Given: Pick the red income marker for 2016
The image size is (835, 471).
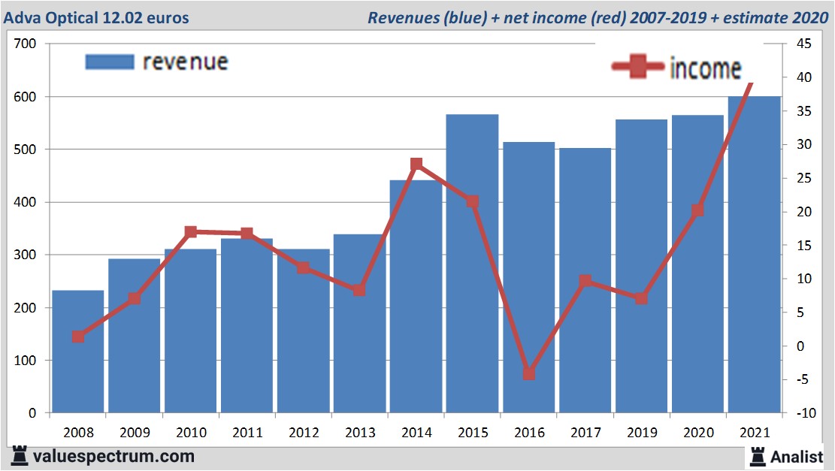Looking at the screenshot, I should click(528, 373).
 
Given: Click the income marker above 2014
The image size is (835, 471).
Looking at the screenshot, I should click(416, 165).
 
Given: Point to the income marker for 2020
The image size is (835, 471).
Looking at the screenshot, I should click(697, 210).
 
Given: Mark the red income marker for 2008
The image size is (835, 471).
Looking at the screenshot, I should click(78, 337).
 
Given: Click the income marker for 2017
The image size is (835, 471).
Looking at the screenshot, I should click(585, 281).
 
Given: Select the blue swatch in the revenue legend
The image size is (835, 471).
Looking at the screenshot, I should click(110, 62).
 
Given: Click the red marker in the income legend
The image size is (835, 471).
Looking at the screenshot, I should click(639, 67).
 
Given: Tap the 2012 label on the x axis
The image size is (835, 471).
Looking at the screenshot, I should click(304, 433).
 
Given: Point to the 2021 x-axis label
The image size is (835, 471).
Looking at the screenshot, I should click(754, 433).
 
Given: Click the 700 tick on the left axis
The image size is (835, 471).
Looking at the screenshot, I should click(26, 44).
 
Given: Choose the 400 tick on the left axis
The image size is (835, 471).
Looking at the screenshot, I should click(26, 203).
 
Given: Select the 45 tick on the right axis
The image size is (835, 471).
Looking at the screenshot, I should click(803, 44).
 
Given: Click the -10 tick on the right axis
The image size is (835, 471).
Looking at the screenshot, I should click(802, 413).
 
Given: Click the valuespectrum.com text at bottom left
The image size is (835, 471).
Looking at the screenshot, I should click(113, 456).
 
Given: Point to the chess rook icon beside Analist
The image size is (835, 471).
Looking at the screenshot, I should click(758, 456).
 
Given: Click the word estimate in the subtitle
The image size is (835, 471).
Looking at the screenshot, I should click(753, 17).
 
